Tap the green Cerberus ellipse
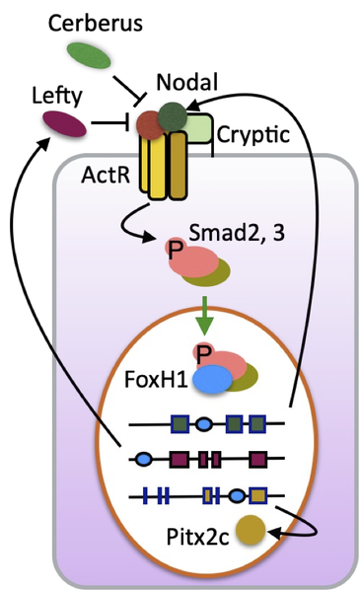89,55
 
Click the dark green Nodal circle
173,115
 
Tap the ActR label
107,175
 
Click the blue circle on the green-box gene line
203,425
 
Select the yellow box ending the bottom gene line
258,494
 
